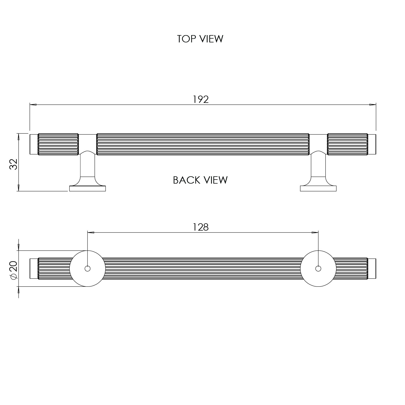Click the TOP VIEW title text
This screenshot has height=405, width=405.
tap(200, 39)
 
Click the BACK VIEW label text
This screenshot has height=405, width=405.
tap(200, 180)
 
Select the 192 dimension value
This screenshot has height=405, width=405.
tap(201, 99)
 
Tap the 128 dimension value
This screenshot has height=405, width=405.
tap(201, 227)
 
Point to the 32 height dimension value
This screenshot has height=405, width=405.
tap(13, 164)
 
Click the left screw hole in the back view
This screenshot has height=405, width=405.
tap(87, 269)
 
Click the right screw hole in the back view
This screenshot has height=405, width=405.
tap(318, 269)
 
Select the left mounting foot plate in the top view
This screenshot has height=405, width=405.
tap(87, 188)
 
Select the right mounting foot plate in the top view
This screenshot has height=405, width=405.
tap(318, 188)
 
